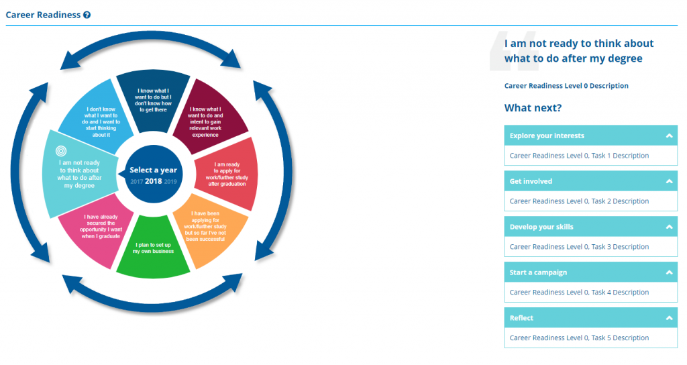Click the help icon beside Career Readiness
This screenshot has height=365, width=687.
[87, 15]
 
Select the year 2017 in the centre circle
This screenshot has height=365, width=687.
[136, 182]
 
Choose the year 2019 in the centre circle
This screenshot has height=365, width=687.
[170, 182]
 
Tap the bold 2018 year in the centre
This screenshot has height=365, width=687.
[154, 181]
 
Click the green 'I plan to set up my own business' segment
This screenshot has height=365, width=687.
[154, 248]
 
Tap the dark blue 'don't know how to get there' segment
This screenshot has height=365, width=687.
[154, 100]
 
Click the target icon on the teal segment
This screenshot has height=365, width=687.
[61, 151]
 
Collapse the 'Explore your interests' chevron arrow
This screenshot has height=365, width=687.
[669, 136]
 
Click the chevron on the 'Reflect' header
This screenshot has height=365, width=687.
[669, 318]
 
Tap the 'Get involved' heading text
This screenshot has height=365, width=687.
[531, 181]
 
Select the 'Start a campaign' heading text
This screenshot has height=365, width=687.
[538, 272]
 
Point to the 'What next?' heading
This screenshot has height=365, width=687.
[533, 108]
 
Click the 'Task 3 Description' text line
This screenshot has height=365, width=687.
[579, 247]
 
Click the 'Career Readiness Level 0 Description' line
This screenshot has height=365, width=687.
[566, 86]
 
